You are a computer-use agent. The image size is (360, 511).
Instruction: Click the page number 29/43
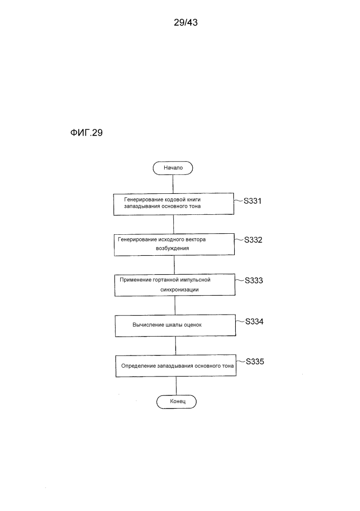186,22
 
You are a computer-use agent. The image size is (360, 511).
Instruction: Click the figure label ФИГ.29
86,132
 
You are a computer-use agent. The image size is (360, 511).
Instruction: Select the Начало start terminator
173,168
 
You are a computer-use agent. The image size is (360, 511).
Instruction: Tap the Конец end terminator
176,402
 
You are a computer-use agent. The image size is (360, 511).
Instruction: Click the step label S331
253,201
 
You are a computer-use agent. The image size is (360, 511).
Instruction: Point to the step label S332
253,240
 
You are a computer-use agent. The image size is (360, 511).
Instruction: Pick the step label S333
254,280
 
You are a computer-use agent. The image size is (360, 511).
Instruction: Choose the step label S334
255,321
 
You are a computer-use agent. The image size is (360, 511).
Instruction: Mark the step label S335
255,362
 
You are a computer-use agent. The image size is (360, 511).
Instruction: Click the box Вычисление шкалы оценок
175,325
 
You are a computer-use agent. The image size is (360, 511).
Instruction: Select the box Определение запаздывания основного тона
176,366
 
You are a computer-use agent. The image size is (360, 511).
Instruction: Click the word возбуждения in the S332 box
172,248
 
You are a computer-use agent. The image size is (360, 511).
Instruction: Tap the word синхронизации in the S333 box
179,290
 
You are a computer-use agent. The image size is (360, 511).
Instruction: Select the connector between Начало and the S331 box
173,184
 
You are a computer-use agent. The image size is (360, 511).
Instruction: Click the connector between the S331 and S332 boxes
174,225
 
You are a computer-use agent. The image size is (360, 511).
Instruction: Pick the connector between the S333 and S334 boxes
175,305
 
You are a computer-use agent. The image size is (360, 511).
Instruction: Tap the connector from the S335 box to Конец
176,386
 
